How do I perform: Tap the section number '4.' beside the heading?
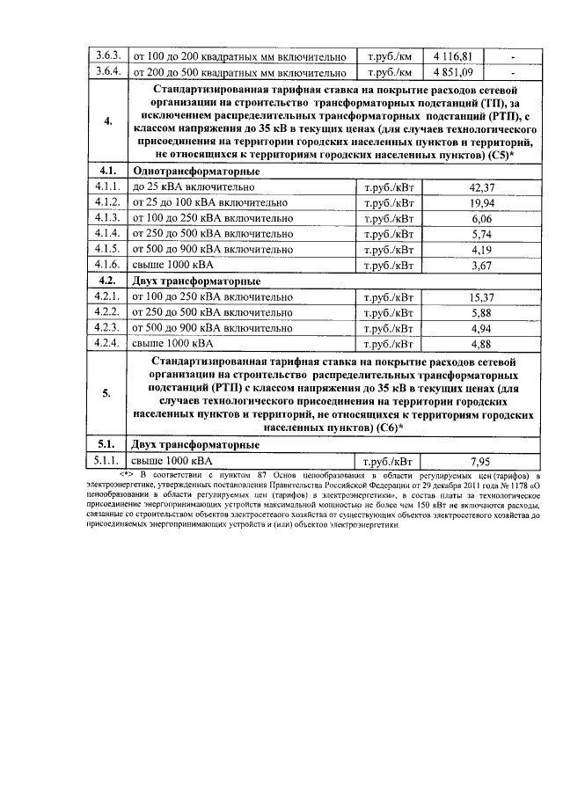(x=108, y=122)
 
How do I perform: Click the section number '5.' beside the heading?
(x=108, y=393)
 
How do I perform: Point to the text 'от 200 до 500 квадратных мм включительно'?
(x=238, y=72)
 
